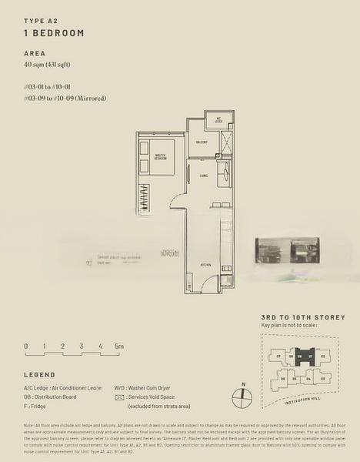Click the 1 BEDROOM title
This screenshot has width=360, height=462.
click(54, 33)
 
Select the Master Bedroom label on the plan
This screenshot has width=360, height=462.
click(162, 157)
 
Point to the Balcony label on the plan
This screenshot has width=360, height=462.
click(202, 142)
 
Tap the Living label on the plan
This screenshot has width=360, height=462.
click(203, 176)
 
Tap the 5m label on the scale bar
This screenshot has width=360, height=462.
click(119, 347)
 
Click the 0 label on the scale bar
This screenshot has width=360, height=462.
click(25, 347)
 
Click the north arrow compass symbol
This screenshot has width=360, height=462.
click(242, 398)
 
